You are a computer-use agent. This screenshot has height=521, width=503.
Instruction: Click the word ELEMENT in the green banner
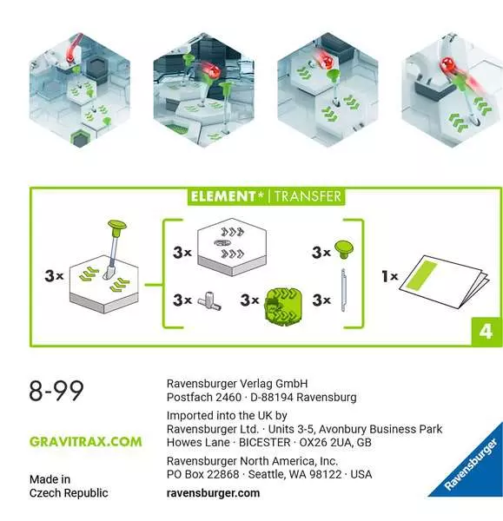pyautogui.click(x=222, y=196)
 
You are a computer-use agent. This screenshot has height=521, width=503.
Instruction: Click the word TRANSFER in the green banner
pyautogui.click(x=308, y=196)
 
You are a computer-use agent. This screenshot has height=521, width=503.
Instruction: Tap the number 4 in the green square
pyautogui.click(x=486, y=332)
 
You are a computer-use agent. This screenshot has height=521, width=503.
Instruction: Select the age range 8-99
pyautogui.click(x=56, y=391)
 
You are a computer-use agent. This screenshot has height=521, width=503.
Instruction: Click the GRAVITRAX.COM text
pyautogui.click(x=86, y=442)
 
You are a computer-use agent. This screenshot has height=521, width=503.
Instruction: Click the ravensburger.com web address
pyautogui.click(x=213, y=492)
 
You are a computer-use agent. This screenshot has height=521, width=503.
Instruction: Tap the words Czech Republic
pyautogui.click(x=69, y=492)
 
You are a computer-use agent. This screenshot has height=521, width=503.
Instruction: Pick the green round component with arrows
pyautogui.click(x=283, y=305)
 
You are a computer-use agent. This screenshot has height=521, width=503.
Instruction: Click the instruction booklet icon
pyautogui.click(x=445, y=281)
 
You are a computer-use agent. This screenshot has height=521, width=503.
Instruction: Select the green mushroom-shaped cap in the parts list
pyautogui.click(x=344, y=249)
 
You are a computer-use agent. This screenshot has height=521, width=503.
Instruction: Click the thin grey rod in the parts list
pyautogui.click(x=343, y=290)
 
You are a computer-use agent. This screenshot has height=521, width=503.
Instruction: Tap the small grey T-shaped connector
pyautogui.click(x=209, y=300)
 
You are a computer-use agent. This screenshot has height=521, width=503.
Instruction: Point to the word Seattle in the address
pyautogui.click(x=266, y=474)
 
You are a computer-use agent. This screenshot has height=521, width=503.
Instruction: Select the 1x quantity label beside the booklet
pyautogui.click(x=390, y=276)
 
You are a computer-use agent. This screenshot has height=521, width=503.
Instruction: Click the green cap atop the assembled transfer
pyautogui.click(x=117, y=227)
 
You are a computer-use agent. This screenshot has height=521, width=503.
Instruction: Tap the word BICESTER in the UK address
pyautogui.click(x=265, y=443)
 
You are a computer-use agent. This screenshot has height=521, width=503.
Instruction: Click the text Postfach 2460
pyautogui.click(x=204, y=398)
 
